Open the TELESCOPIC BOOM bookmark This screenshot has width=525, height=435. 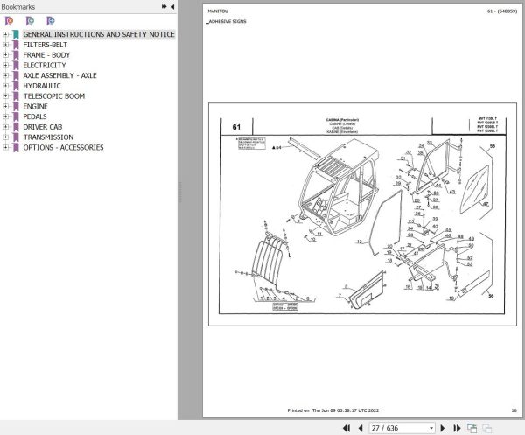(x=53, y=96)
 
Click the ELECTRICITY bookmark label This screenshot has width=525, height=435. (x=44, y=65)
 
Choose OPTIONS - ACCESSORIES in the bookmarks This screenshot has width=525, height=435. (x=63, y=147)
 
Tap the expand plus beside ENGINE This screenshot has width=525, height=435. (x=6, y=107)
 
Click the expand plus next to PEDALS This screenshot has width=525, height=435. (x=6, y=116)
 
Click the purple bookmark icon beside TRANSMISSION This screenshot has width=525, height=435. (x=16, y=137)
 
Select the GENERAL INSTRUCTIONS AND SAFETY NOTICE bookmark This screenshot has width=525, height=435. (x=98, y=34)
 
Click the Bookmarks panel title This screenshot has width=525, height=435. (x=18, y=6)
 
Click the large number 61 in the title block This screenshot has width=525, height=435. (x=236, y=128)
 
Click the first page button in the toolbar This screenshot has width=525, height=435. (x=346, y=428)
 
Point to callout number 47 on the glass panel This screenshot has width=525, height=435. (x=486, y=202)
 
